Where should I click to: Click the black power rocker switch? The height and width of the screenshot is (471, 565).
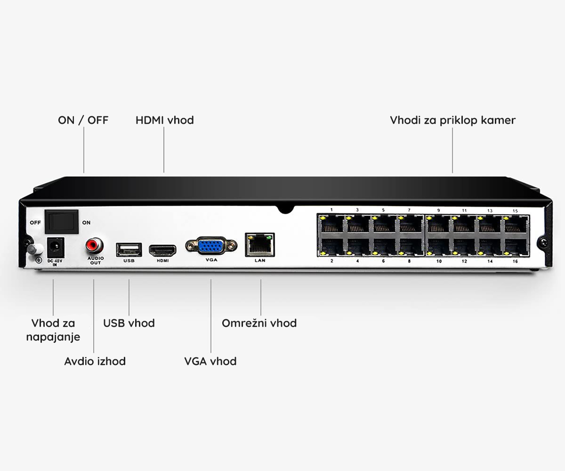pos(62,222)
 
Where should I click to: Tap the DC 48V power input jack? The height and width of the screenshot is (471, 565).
pos(56,247)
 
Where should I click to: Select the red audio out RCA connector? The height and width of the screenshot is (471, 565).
pos(94,245)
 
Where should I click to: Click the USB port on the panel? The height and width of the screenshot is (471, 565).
pos(129,250)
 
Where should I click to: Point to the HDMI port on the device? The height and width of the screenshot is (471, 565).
pos(162,251)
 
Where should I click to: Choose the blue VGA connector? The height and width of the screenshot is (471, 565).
pos(211,246)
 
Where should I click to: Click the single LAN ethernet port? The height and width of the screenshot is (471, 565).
pos(260,245)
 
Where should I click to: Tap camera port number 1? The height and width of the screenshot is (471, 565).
pos(331,224)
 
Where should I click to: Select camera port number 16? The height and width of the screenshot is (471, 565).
pos(516,247)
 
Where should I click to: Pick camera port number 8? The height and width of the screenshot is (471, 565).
pos(410,247)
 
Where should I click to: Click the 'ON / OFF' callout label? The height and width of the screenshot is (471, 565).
pos(83,120)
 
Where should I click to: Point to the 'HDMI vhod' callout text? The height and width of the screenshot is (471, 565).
pos(165,120)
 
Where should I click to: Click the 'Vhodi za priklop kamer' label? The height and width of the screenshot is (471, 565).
pos(452,121)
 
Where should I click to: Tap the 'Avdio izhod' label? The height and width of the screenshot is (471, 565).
pos(95,361)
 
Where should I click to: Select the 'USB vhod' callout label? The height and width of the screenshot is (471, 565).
pos(129,323)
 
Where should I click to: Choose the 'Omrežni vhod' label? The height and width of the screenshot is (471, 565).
pos(259,323)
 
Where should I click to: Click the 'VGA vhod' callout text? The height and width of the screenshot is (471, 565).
pos(210,361)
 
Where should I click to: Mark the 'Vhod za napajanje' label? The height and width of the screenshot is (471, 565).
pos(53,330)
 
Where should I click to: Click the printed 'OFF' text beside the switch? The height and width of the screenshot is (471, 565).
pos(35,222)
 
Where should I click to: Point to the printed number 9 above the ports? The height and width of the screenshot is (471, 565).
pos(438,211)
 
